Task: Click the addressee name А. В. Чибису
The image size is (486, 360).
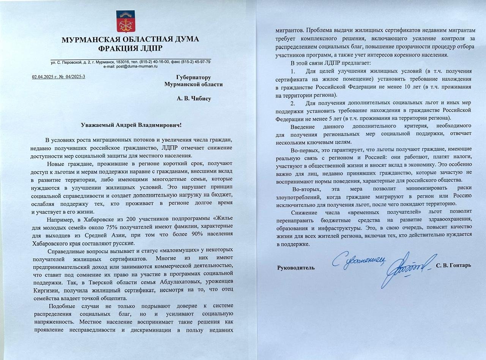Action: pos(194,99)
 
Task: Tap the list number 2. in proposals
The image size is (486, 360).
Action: pos(292,103)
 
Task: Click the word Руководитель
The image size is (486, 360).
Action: pos(296,267)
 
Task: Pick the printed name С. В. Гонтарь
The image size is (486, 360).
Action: pos(454,265)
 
